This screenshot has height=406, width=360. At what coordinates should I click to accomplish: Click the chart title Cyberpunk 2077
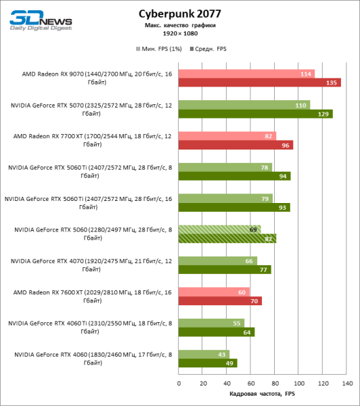[x=179, y=13]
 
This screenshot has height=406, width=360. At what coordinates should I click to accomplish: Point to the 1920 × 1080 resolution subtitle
[x=179, y=32]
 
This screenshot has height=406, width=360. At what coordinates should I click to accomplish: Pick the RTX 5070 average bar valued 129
[x=247, y=114]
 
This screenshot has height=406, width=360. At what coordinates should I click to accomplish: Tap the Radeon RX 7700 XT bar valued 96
[x=227, y=145]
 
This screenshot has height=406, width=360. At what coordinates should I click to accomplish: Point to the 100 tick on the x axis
[x=299, y=383]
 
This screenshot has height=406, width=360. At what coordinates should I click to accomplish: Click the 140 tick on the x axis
[x=347, y=383]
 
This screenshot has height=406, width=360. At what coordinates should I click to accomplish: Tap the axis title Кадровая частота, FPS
[x=263, y=393]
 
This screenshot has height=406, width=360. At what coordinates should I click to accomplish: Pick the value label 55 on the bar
[x=237, y=323]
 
